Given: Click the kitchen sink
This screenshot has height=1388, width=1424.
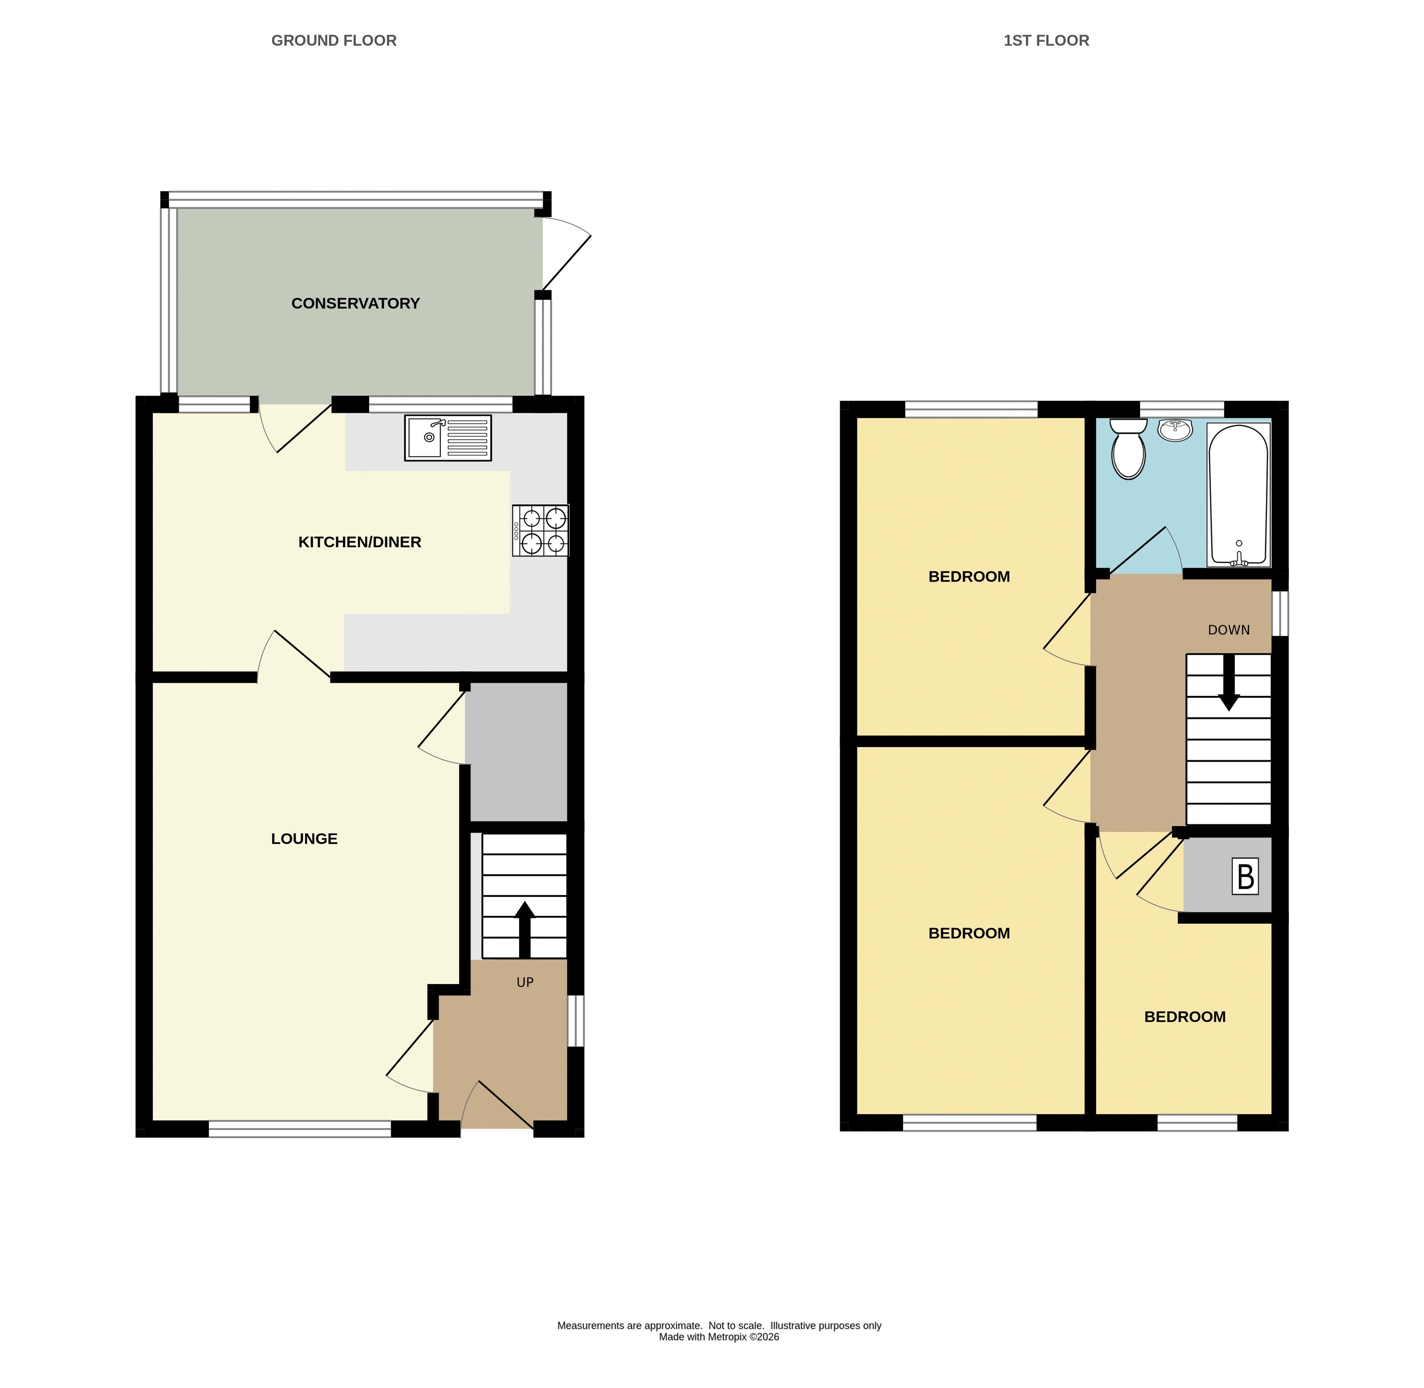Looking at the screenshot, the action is [448, 437].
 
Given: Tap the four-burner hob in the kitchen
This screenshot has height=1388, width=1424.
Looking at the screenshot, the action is [540, 531].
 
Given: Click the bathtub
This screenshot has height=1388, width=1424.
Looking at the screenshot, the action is [1239, 495].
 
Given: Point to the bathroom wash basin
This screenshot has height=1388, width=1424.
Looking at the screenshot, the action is [1176, 430].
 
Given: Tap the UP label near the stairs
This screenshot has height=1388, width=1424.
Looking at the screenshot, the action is [525, 983].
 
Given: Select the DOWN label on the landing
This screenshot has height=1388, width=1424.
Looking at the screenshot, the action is [1229, 630].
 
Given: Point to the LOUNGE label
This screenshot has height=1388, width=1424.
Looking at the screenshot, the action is [304, 839].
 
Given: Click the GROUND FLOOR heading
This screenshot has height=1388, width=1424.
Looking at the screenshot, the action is [334, 41].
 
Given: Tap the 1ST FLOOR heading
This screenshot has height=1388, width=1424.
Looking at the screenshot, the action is [1046, 41].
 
